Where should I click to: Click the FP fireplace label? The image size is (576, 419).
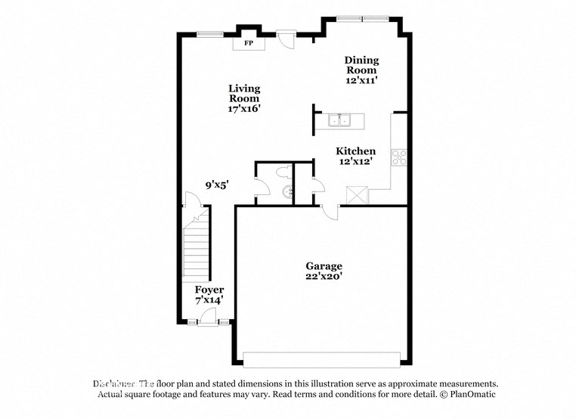click(x=248, y=44)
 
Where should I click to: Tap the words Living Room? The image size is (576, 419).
click(x=244, y=94)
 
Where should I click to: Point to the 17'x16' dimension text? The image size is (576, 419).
click(x=244, y=109)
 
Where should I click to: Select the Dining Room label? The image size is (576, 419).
click(x=361, y=65)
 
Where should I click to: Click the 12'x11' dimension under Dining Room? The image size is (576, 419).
click(x=361, y=79)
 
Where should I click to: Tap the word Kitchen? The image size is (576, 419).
click(x=355, y=151)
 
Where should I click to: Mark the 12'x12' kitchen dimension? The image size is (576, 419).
click(x=355, y=162)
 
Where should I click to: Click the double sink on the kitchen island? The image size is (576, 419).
click(x=339, y=121)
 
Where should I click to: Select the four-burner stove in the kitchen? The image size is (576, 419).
click(x=399, y=157)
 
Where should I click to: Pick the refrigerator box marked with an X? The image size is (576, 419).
click(x=356, y=194)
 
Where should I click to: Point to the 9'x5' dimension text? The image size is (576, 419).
click(x=216, y=184)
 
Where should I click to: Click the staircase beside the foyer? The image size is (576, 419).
click(x=197, y=246)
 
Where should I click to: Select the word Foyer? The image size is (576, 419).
click(x=209, y=290)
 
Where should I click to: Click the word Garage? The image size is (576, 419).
click(x=324, y=266)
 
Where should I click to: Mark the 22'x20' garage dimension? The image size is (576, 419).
click(x=324, y=277)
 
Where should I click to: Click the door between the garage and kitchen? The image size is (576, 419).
click(x=328, y=212)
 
